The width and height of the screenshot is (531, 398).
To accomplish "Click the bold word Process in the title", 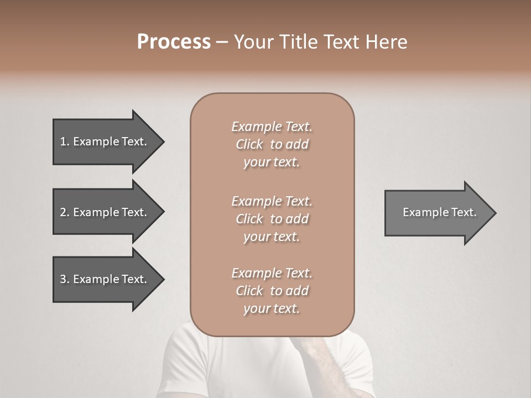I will click(x=174, y=42).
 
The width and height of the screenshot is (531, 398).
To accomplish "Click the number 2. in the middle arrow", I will click(x=65, y=212).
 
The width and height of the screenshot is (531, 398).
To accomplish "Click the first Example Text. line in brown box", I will click(x=272, y=127).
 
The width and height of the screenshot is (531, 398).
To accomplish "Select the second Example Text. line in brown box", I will click(x=272, y=201).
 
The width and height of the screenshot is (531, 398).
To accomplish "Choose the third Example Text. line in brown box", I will click(x=272, y=273).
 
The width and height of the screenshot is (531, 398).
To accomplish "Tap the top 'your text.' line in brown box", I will click(x=272, y=163).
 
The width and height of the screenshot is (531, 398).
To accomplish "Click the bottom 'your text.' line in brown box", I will click(x=272, y=309).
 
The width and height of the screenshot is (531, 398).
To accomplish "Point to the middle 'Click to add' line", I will click(x=272, y=219).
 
